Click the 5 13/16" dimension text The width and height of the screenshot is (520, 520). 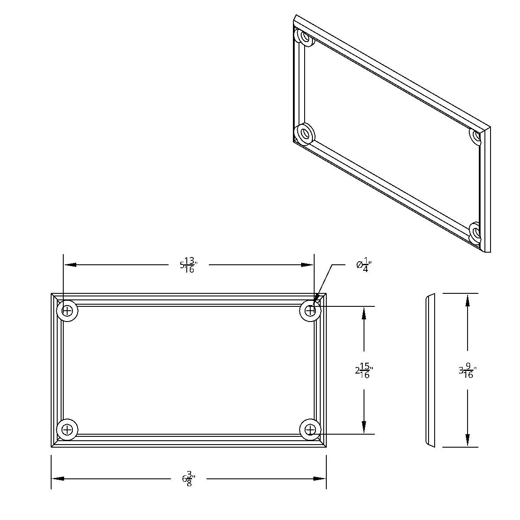tap(189, 265)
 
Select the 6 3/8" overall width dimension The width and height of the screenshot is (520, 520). tap(189, 479)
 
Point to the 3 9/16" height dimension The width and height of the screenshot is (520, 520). tap(468, 371)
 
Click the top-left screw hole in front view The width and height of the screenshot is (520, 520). tap(67, 311)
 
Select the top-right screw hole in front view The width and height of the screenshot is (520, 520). tap(310, 311)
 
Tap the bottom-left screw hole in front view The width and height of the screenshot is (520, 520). tap(67, 429)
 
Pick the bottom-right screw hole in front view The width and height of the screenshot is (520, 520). tap(310, 429)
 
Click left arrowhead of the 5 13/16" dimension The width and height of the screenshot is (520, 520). tap(70, 265)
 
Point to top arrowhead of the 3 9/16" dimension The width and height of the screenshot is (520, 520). tap(468, 300)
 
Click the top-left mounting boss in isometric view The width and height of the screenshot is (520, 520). tap(305, 38)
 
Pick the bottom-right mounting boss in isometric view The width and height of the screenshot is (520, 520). tap(475, 232)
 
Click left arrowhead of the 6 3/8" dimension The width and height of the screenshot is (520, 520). tap(58, 478)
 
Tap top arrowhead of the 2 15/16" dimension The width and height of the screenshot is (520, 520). tap(364, 313)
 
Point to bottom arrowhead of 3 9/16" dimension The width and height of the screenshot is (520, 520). tap(468, 441)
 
